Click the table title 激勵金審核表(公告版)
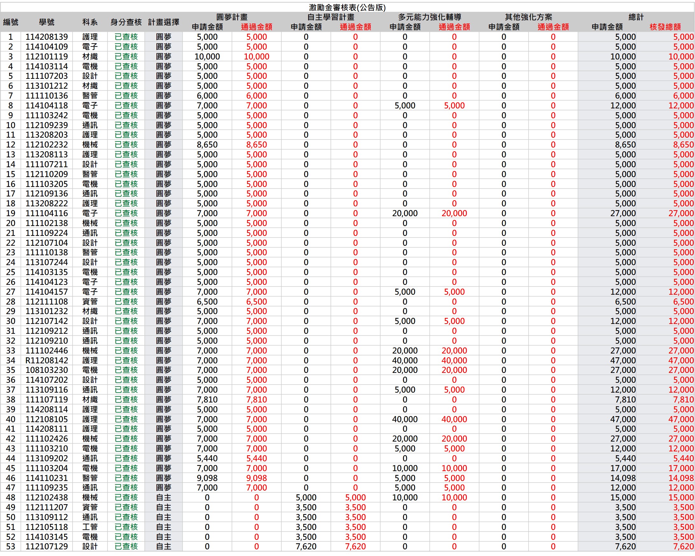[x=347, y=7]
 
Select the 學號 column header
[x=47, y=22]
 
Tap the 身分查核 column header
[x=126, y=22]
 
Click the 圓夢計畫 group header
[x=232, y=17]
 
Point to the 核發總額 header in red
[x=665, y=27]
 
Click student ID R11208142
[x=47, y=360]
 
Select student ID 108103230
[x=47, y=370]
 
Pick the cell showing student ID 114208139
[x=47, y=37]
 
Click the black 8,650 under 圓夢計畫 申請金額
[x=207, y=145]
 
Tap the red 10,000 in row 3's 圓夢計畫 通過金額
[x=257, y=57]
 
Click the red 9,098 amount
[x=257, y=478]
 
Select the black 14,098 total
[x=623, y=478]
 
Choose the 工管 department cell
[x=90, y=527]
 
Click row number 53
[x=10, y=547]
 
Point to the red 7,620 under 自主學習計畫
[x=355, y=547]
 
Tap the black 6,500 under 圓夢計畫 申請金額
[x=207, y=301]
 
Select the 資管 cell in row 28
[x=90, y=301]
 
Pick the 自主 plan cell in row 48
[x=163, y=498]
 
